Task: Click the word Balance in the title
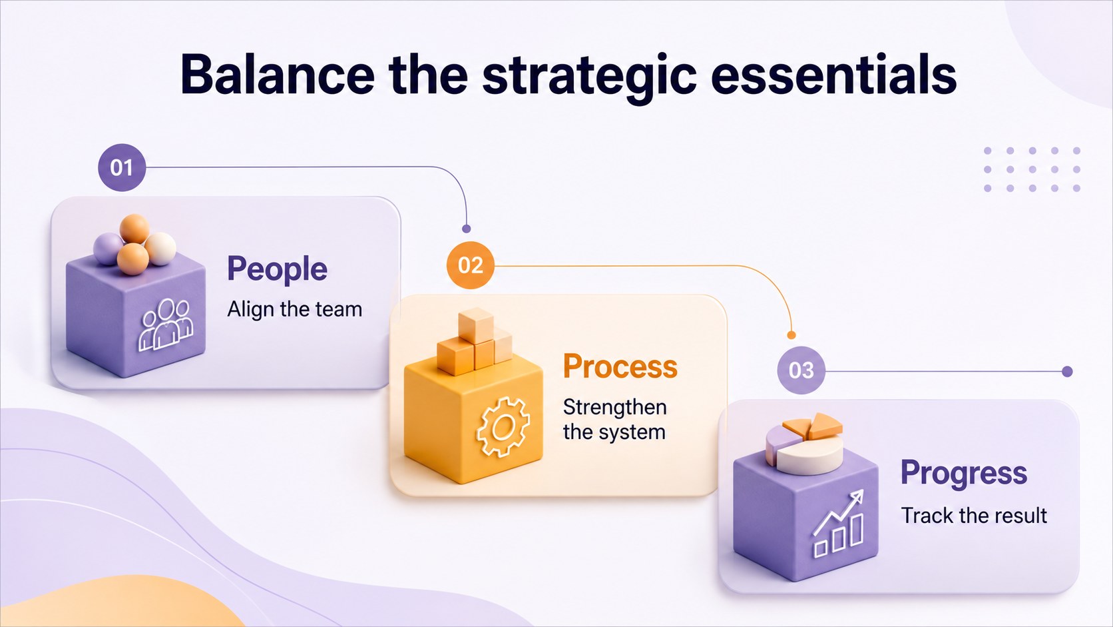(x=278, y=75)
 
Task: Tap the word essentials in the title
(x=834, y=75)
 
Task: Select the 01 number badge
(x=122, y=167)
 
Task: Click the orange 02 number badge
(x=470, y=265)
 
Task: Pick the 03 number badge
(x=801, y=370)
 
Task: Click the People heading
(x=278, y=269)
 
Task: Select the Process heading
(x=620, y=366)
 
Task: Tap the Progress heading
(x=963, y=473)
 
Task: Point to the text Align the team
(x=295, y=309)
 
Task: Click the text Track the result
(x=974, y=516)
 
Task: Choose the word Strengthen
(x=614, y=408)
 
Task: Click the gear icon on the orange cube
(x=503, y=426)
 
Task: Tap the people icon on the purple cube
(x=166, y=324)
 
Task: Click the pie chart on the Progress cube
(x=804, y=442)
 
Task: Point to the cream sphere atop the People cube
(x=160, y=248)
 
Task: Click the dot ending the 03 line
(x=1067, y=371)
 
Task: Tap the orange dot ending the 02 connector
(x=791, y=335)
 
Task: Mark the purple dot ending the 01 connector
(x=466, y=229)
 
